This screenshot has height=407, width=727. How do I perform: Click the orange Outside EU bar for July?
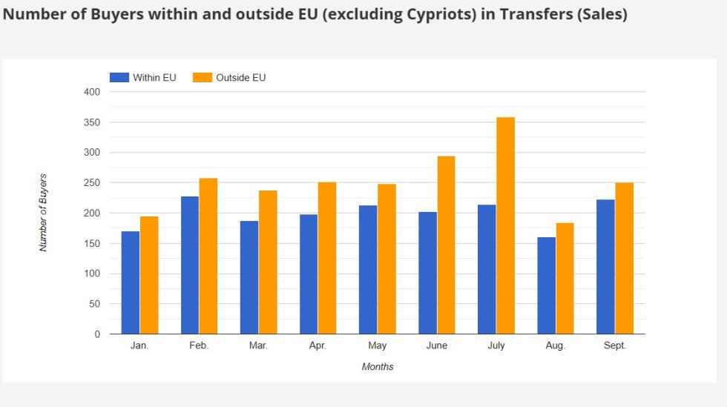point(505,225)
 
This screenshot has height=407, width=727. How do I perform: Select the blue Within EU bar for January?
point(131,282)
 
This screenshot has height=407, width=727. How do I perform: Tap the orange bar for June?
point(446,245)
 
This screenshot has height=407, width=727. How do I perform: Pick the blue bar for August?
point(546,285)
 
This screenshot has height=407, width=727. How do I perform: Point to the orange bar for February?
point(208,256)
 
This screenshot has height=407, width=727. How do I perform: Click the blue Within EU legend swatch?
point(119,78)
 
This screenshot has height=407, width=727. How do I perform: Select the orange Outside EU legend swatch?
point(203,78)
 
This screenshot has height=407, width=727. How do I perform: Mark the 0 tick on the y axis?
point(96,334)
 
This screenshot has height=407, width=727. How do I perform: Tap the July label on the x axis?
point(496,346)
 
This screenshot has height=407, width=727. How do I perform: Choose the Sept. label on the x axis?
point(614,346)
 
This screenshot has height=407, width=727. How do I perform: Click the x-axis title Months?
point(378,367)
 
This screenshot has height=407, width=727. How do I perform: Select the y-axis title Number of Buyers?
point(43,213)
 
